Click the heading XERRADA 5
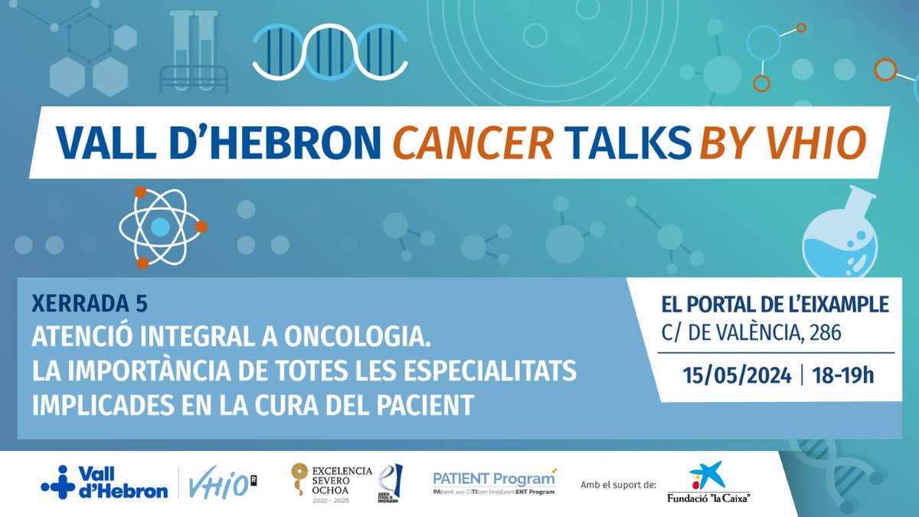pyautogui.click(x=90, y=304)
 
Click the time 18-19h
pyautogui.click(x=842, y=376)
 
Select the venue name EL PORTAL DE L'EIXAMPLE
pyautogui.click(x=774, y=305)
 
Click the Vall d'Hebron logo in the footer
pyautogui.click(x=104, y=482)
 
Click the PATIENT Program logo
pyautogui.click(x=494, y=482)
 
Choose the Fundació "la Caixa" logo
pyautogui.click(x=708, y=483)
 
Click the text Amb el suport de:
pyautogui.click(x=619, y=484)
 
